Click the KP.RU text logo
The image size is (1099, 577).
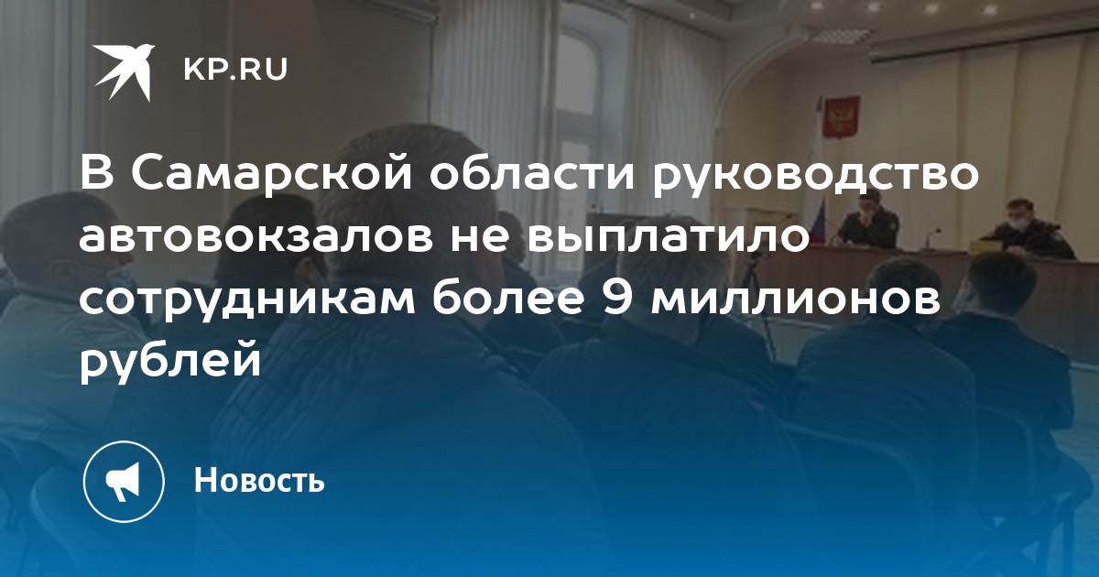235,70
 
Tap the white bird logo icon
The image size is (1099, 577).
125,72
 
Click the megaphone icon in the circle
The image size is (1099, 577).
124,482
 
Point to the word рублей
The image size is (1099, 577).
170,361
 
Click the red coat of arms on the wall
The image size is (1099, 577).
841,118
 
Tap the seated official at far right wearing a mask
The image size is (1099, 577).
1024,232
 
